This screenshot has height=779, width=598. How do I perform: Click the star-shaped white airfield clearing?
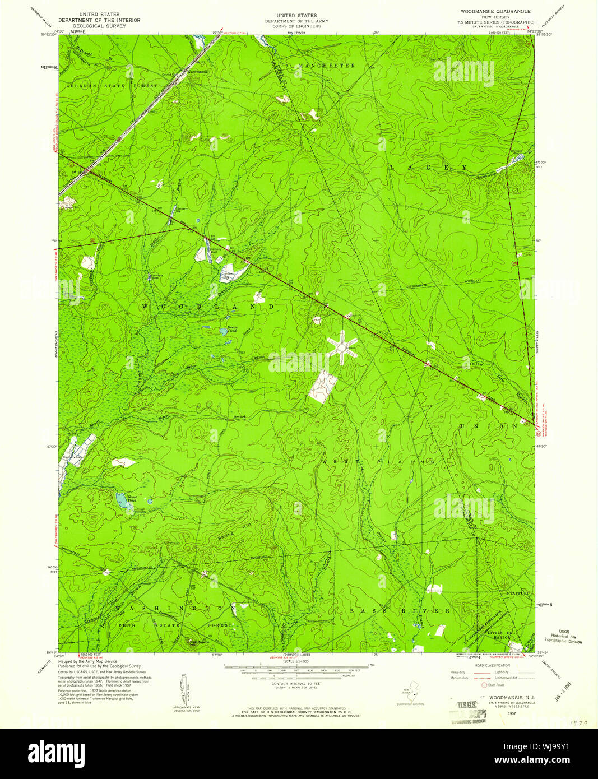[x=340, y=347]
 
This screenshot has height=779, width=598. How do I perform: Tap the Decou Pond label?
[x=231, y=330]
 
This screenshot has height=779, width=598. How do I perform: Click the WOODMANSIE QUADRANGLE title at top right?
[x=495, y=11]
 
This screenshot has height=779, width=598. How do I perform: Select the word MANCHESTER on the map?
[x=327, y=66]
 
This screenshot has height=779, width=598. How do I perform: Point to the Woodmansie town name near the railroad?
[x=197, y=72]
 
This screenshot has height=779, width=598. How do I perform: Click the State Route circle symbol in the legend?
[x=485, y=685]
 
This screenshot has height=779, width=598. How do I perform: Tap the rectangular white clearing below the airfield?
[x=322, y=387]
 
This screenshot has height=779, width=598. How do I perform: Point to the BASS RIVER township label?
[x=400, y=610]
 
